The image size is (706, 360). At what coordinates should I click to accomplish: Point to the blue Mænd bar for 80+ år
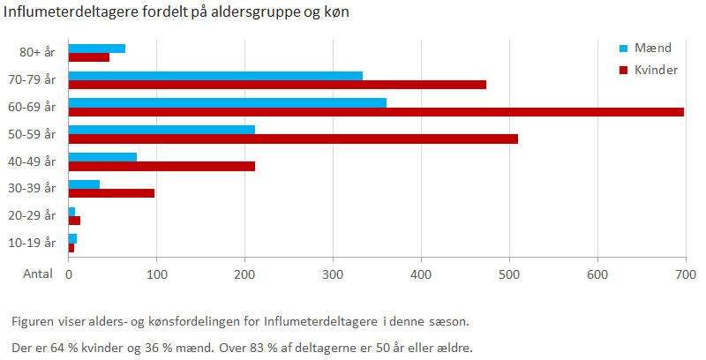(x=97, y=48)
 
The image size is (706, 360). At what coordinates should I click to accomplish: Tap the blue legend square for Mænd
(x=622, y=48)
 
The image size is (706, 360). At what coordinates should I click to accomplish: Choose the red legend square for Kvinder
(x=622, y=70)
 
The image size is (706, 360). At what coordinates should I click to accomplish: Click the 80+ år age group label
(x=38, y=52)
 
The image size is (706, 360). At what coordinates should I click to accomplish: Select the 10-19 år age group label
(x=36, y=242)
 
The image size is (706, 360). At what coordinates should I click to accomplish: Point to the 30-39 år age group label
(x=36, y=188)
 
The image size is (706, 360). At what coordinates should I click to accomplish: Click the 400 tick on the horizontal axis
(x=421, y=274)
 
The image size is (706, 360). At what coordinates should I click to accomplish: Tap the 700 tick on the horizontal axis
(x=685, y=274)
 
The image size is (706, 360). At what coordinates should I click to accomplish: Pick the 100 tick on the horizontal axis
(x=156, y=274)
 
